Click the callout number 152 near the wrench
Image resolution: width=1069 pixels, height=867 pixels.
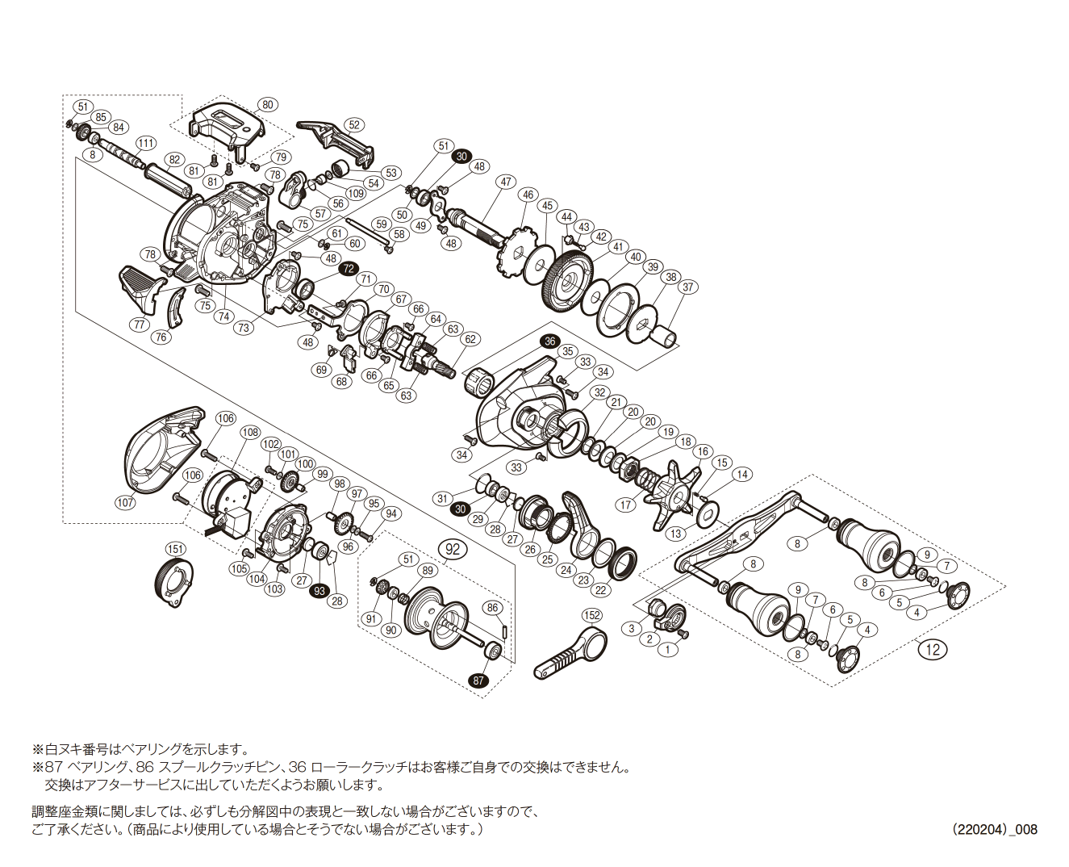click(x=591, y=616)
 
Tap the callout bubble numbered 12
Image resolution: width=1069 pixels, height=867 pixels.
click(x=933, y=649)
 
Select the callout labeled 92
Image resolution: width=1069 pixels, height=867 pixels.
click(x=453, y=549)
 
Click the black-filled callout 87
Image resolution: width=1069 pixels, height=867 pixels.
click(x=479, y=681)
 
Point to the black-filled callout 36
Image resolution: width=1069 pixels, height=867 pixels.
click(x=549, y=341)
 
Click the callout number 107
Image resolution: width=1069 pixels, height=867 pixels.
click(x=125, y=502)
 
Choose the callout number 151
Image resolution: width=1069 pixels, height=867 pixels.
click(x=175, y=549)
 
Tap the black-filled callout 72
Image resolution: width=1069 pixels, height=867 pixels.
click(x=348, y=269)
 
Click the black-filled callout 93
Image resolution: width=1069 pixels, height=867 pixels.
click(x=319, y=591)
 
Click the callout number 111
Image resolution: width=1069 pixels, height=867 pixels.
click(x=145, y=143)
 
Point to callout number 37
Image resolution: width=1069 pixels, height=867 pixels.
click(x=687, y=287)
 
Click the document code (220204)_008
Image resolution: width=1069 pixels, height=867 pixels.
click(x=994, y=829)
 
